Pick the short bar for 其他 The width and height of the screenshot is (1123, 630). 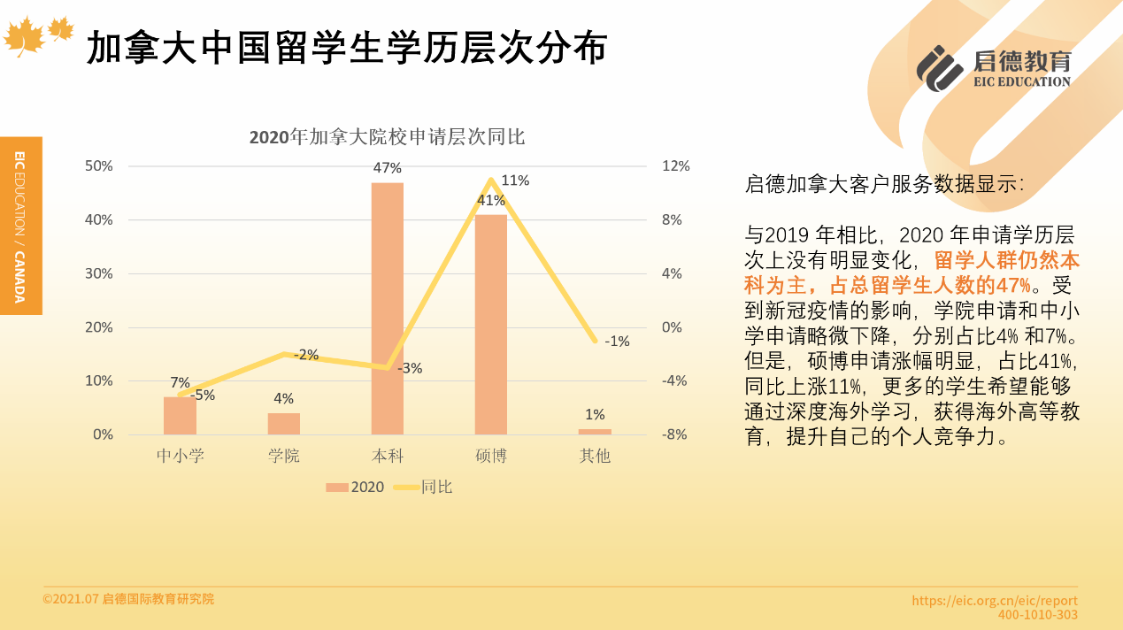coord(595,432)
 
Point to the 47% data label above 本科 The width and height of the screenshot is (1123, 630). coord(387,167)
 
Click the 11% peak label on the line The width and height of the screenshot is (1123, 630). coord(515,181)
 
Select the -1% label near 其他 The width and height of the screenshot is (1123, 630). coord(617,342)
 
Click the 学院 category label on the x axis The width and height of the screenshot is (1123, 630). coord(284,457)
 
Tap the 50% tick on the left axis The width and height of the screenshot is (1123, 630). coord(98,166)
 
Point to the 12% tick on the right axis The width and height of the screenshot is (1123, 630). coord(675,166)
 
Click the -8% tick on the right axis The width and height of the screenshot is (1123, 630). coord(674,434)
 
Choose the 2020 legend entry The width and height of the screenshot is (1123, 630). coord(356,487)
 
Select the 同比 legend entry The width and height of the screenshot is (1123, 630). coord(426,487)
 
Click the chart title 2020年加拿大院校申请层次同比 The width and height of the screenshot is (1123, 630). coord(387,137)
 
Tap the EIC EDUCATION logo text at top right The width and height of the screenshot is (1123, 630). coord(1021,81)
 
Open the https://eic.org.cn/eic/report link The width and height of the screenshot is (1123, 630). coord(995,601)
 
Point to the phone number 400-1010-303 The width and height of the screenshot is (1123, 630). coord(1038,615)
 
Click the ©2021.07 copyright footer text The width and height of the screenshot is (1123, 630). coord(128,599)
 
